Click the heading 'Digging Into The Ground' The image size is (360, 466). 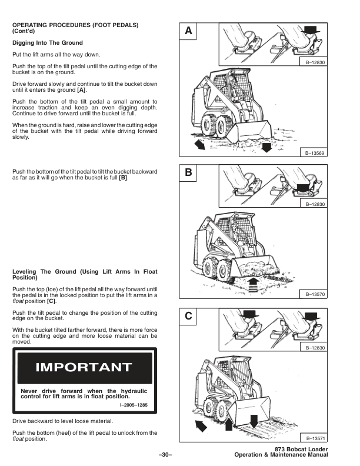point(47,43)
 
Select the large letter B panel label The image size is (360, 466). point(188,174)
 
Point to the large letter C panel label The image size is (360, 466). point(188,316)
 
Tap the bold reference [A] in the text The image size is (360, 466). point(82,90)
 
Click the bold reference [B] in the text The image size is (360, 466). point(123,178)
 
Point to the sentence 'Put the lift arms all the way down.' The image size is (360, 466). point(51,54)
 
